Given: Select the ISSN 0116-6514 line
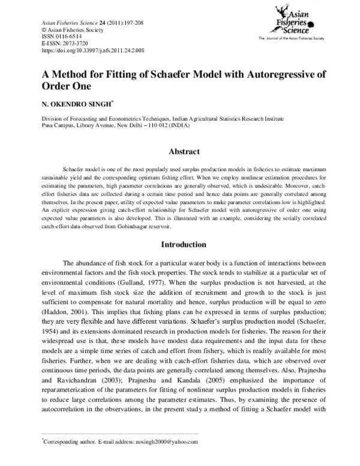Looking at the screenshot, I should [x=62, y=36].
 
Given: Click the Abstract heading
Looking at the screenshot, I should [x=180, y=153].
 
